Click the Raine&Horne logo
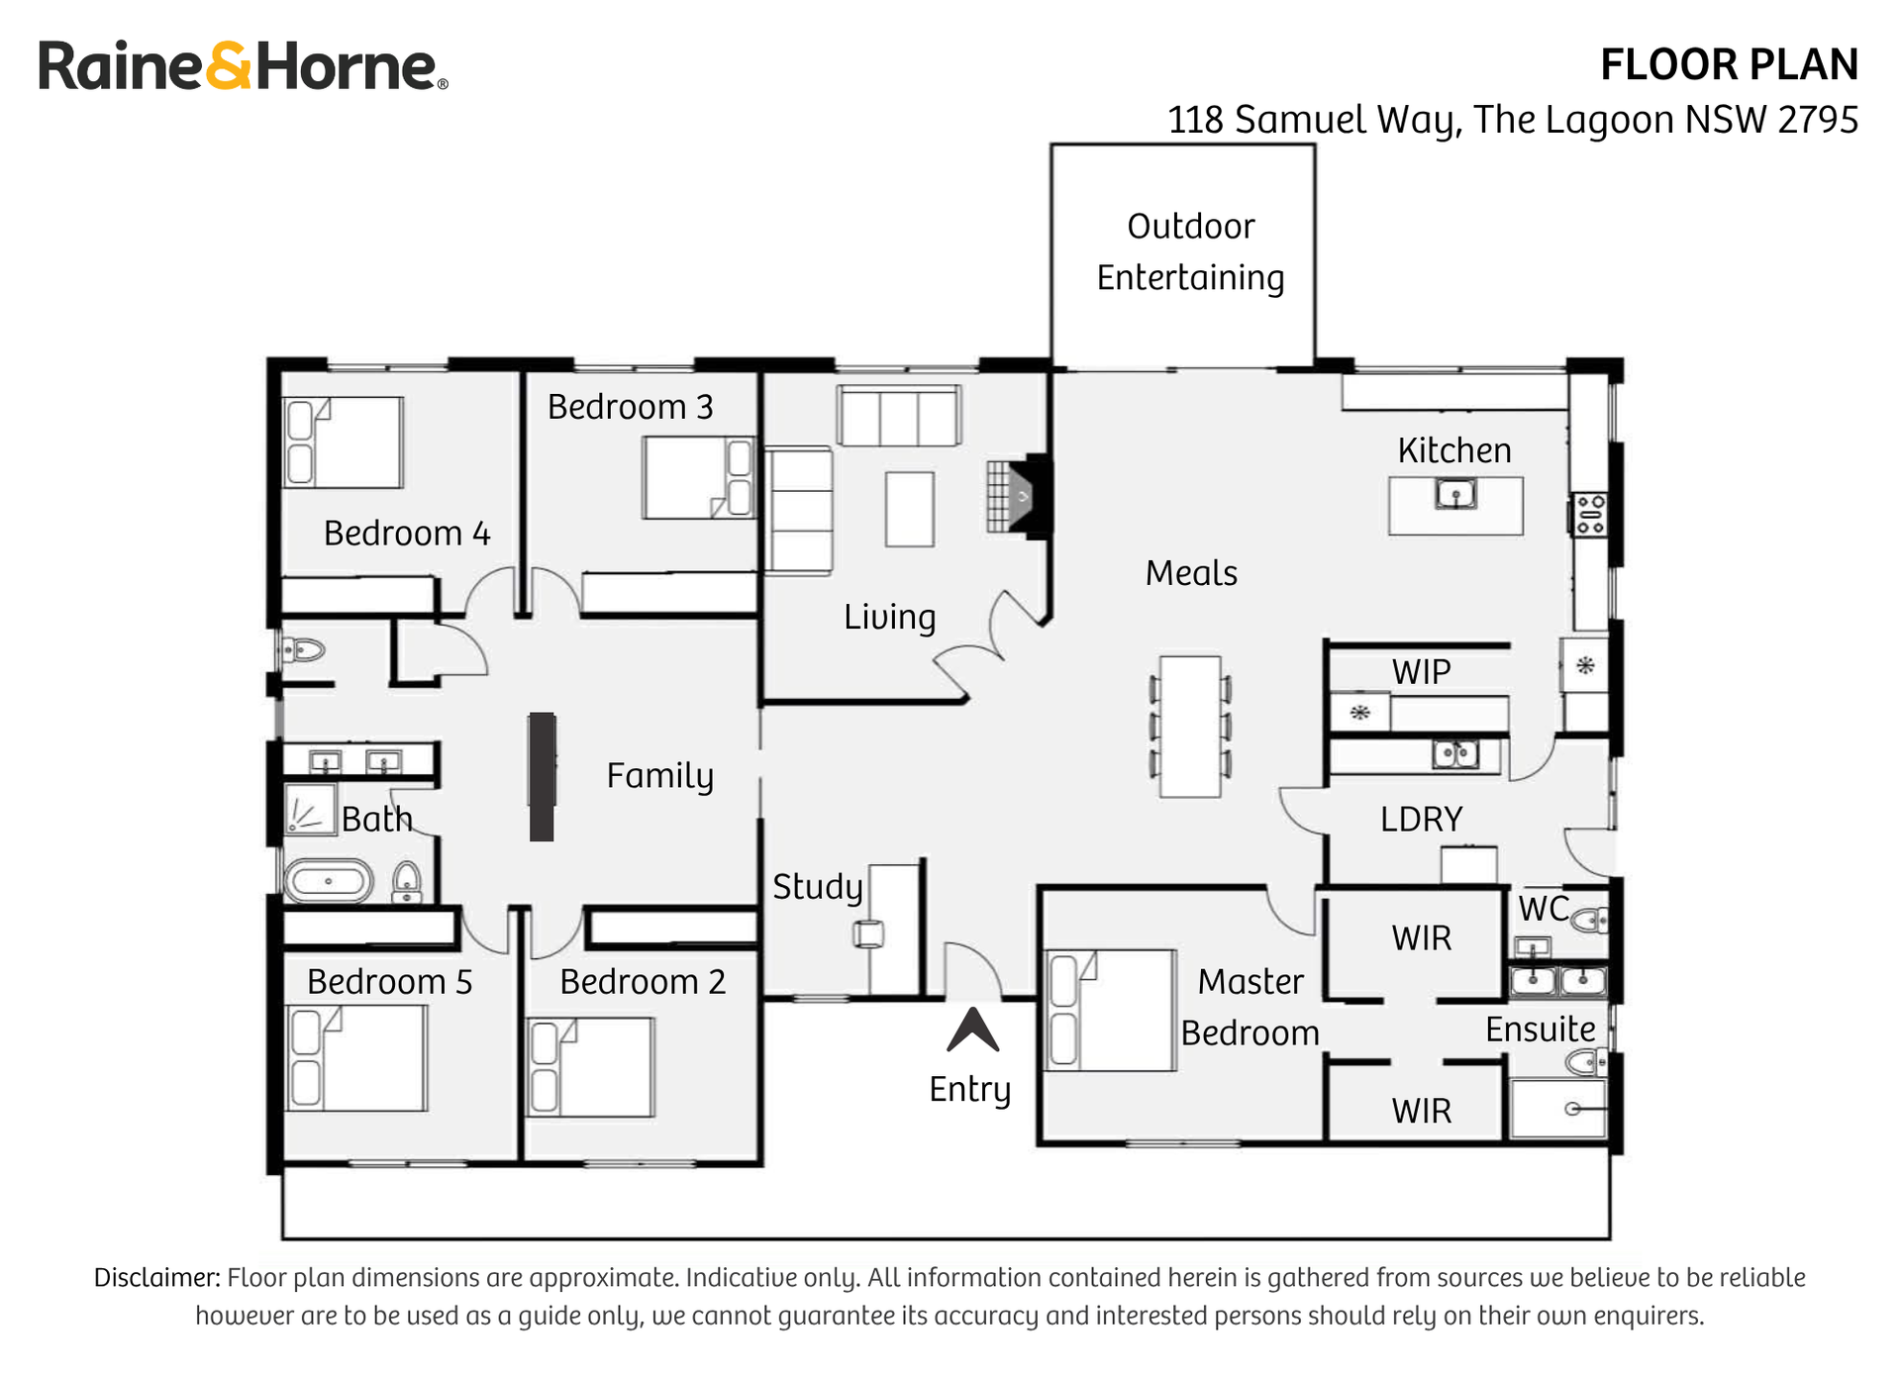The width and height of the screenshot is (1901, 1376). [243, 66]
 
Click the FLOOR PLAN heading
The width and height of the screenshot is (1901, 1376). [1728, 65]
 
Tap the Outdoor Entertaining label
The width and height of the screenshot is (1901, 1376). [1190, 252]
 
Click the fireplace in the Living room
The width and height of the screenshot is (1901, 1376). [1020, 497]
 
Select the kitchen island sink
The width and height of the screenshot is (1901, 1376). [1455, 493]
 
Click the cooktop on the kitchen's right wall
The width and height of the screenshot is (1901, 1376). [1590, 515]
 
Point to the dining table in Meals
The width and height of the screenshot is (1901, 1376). [1190, 726]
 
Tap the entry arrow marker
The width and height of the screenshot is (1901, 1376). [972, 1031]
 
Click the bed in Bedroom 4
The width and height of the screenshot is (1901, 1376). [344, 442]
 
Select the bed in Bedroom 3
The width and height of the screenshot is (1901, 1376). [697, 478]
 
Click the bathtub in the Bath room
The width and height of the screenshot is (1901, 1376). [329, 880]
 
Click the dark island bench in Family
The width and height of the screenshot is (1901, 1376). [542, 776]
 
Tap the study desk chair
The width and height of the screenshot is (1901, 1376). [868, 934]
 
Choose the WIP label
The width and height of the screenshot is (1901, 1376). [1421, 672]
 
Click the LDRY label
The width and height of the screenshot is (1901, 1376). [1421, 820]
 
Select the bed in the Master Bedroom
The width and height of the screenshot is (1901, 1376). [1112, 1010]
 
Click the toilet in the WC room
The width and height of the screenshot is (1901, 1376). [1591, 921]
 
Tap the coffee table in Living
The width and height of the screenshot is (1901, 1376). [909, 509]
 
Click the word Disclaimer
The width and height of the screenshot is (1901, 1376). [156, 1278]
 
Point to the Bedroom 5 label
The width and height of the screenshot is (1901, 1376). [389, 982]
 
